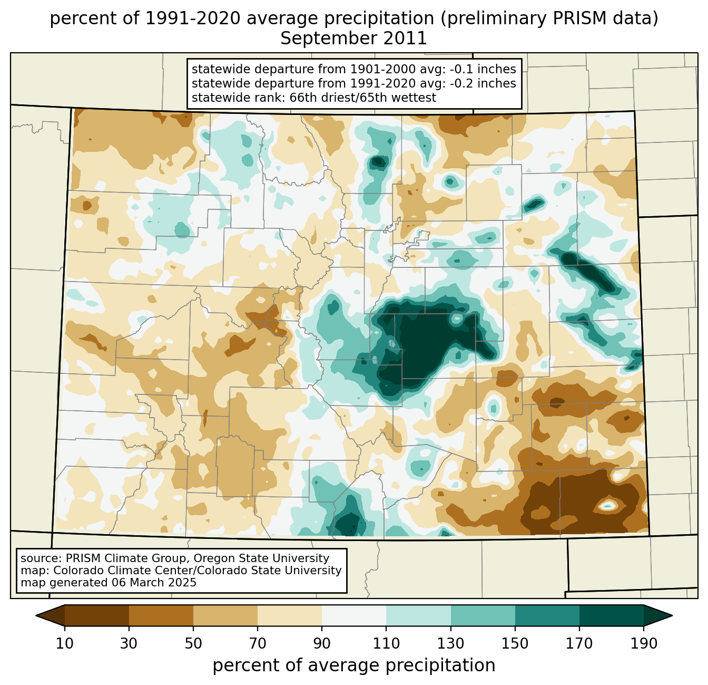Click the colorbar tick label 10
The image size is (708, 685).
(65, 643)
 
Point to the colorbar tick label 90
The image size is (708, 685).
(322, 643)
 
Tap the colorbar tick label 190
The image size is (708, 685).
(644, 643)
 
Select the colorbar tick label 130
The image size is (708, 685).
(451, 643)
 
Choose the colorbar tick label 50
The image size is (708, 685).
(193, 643)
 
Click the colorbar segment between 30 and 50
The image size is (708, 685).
(161, 615)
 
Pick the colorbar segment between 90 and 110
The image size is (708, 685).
(354, 615)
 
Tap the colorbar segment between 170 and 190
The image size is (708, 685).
(612, 615)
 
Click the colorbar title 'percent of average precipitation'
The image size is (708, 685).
(354, 665)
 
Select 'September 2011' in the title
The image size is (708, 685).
(353, 38)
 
